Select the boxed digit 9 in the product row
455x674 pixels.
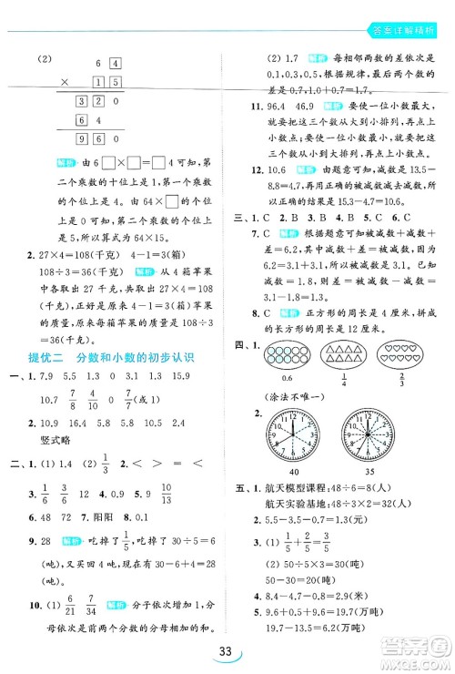click(82, 139)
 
